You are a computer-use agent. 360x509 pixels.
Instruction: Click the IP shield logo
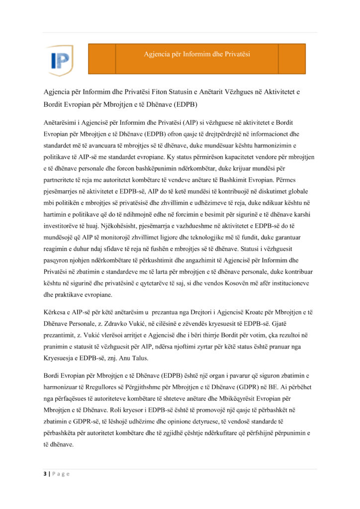tap(59, 60)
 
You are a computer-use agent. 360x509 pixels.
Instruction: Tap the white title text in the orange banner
tap(197, 54)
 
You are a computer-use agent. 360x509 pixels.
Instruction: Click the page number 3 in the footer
tap(44, 474)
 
